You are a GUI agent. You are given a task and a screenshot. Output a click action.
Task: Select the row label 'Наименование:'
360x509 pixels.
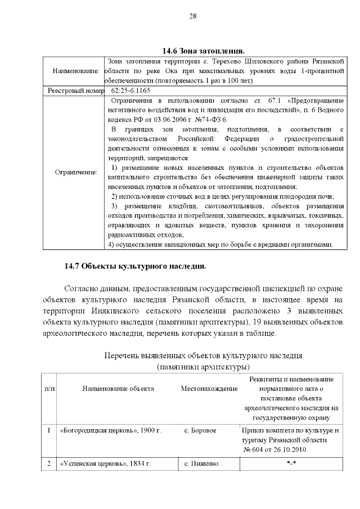tap(76, 71)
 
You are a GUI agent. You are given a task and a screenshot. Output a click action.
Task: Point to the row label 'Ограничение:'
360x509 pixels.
tap(76, 172)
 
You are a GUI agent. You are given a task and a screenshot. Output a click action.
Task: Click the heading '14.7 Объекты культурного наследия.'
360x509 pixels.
tap(135, 265)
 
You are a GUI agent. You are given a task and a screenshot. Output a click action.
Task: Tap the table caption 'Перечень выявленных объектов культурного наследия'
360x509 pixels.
tap(203, 355)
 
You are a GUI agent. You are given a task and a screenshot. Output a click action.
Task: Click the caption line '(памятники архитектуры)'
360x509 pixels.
tap(203, 367)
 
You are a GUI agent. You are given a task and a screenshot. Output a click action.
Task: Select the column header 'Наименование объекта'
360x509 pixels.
tap(118, 389)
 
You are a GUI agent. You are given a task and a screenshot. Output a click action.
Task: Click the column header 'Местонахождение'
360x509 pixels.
tap(209, 389)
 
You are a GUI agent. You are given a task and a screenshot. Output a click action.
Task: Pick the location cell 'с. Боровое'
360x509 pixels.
tap(201, 431)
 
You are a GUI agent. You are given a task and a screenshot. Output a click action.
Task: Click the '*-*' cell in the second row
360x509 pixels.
tap(291, 464)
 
